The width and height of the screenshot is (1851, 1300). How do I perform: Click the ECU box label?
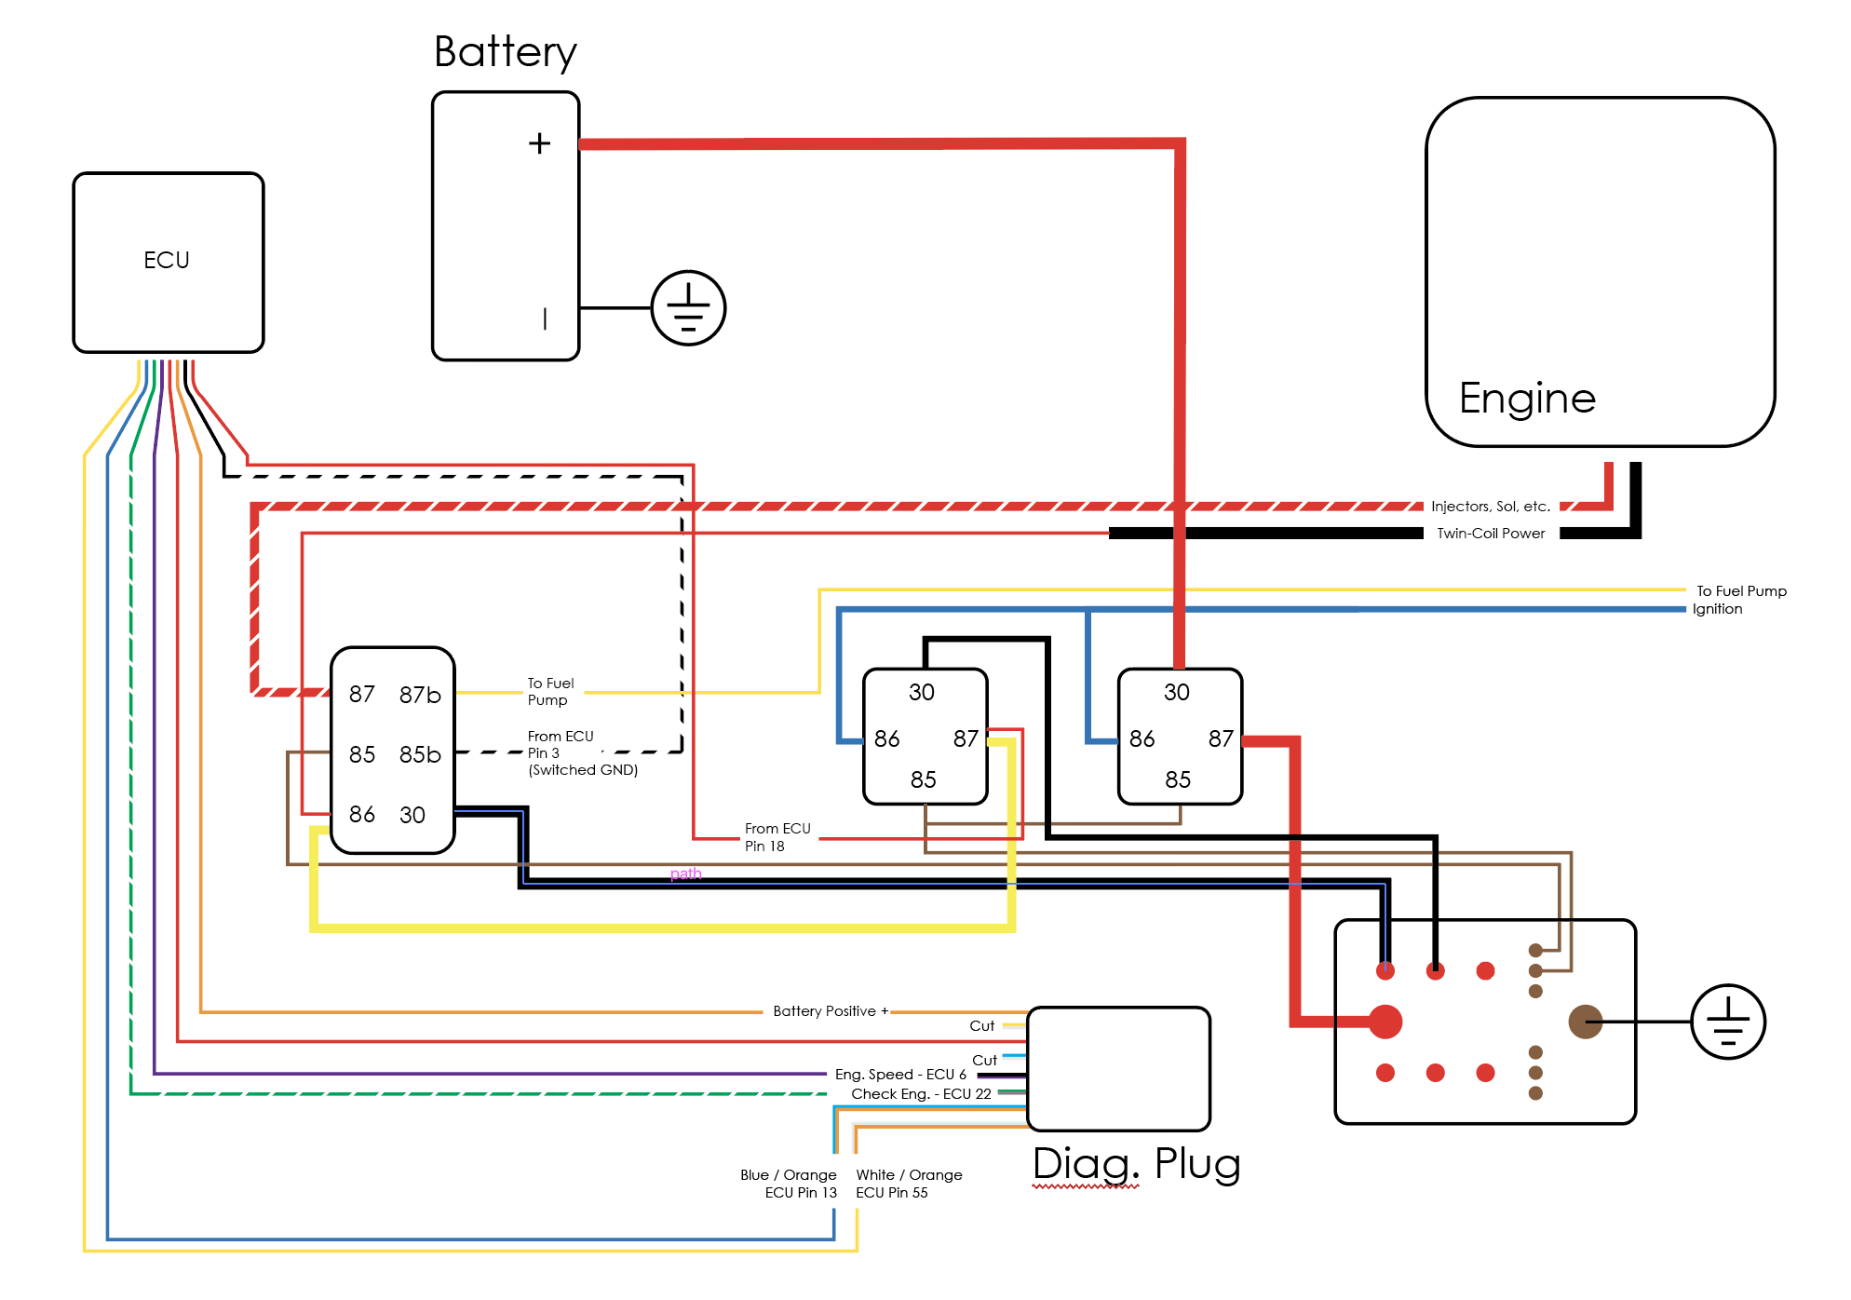click(x=167, y=260)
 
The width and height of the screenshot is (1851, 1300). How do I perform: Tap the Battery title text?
click(x=505, y=52)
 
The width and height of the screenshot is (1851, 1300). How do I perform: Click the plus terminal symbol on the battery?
click(x=539, y=143)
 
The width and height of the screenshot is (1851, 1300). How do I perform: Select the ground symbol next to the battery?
click(x=688, y=308)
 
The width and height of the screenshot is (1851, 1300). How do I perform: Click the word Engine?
click(x=1527, y=399)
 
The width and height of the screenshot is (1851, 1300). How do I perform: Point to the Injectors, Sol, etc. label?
click(x=1490, y=507)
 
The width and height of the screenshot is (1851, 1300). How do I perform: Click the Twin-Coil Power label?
click(x=1491, y=534)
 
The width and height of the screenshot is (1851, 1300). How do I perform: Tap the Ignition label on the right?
click(x=1717, y=609)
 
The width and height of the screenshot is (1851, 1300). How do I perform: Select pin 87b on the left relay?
click(x=420, y=695)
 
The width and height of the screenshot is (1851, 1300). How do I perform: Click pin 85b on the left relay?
click(x=420, y=754)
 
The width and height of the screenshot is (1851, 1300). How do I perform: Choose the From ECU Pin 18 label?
click(x=777, y=837)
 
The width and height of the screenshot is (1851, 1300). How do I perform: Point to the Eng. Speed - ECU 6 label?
click(x=900, y=1075)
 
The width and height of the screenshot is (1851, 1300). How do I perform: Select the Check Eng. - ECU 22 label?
click(x=921, y=1094)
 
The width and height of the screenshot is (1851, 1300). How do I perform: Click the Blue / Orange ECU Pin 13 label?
click(x=789, y=1184)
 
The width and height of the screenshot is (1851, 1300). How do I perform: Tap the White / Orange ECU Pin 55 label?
click(x=909, y=1184)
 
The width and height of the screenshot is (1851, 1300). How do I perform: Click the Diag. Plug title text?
click(x=1136, y=1164)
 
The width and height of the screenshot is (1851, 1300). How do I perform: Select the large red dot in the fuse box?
click(x=1385, y=1022)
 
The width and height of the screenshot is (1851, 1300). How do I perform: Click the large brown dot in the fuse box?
click(x=1585, y=1022)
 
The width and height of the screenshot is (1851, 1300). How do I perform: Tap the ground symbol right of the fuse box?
click(x=1727, y=1022)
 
